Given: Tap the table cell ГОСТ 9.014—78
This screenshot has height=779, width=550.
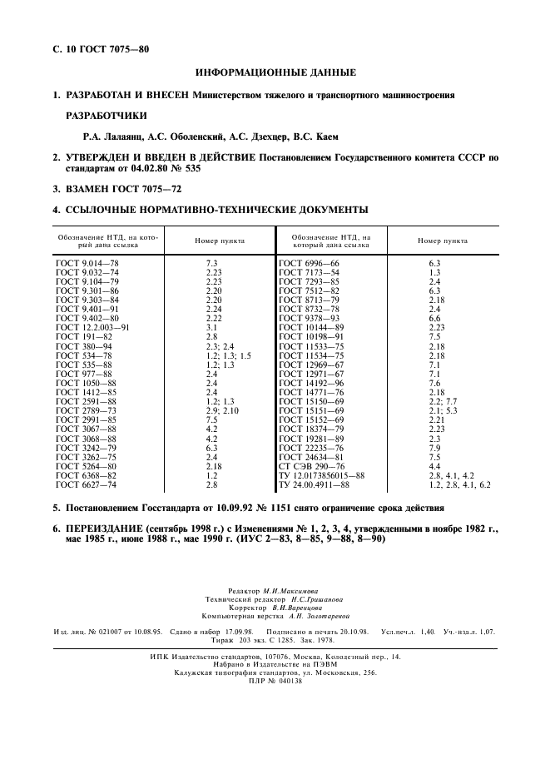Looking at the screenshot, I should tap(87, 263).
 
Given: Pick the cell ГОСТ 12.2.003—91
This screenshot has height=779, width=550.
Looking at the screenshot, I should tap(92, 328).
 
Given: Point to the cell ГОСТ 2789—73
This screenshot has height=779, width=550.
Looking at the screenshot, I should tap(87, 410).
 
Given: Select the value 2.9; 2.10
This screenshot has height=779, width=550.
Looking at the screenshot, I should tap(222, 410).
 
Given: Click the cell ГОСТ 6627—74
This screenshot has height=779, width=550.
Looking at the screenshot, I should tap(87, 484).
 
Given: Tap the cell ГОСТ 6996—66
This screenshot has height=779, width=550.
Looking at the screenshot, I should tap(310, 263).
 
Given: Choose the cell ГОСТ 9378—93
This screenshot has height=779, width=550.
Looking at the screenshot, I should tap(310, 319).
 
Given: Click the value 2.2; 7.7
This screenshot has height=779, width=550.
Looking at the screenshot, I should tap(443, 401).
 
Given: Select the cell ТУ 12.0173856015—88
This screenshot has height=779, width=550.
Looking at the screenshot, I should tap(322, 474).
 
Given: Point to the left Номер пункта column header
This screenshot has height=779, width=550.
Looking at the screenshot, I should tap(220, 241).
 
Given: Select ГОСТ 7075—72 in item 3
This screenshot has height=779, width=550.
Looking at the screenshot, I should tap(142, 189).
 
